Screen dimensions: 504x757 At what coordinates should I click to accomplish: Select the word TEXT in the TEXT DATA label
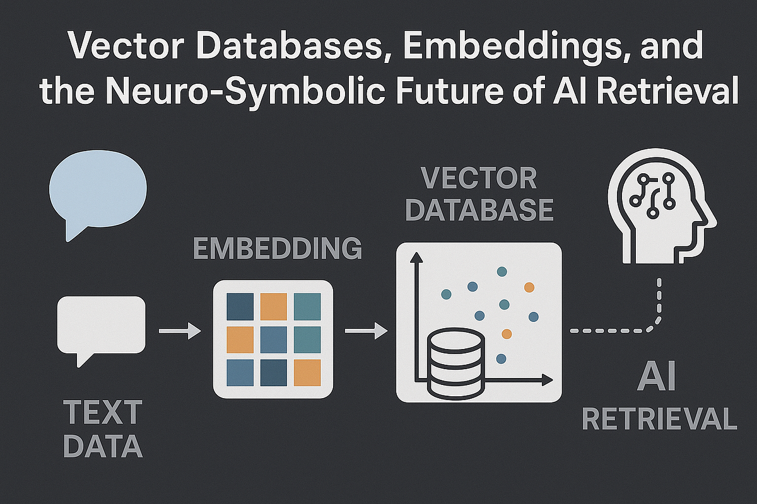pyautogui.click(x=103, y=414)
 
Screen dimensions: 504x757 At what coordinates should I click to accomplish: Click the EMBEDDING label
pyautogui.click(x=277, y=249)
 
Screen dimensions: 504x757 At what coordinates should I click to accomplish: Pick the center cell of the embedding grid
pyautogui.click(x=273, y=338)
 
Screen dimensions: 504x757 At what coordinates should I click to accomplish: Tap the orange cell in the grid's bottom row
pyautogui.click(x=307, y=371)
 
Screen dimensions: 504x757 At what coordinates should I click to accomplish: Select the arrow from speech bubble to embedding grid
pyautogui.click(x=179, y=331)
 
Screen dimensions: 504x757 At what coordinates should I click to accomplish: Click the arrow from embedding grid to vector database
pyautogui.click(x=365, y=331)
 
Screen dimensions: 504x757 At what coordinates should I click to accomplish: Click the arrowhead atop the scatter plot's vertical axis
pyautogui.click(x=415, y=257)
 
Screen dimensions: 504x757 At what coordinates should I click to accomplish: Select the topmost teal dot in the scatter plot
pyautogui.click(x=502, y=272)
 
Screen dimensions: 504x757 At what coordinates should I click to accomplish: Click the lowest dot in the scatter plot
pyautogui.click(x=501, y=358)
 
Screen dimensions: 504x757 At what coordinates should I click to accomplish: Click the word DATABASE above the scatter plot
pyautogui.click(x=479, y=210)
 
